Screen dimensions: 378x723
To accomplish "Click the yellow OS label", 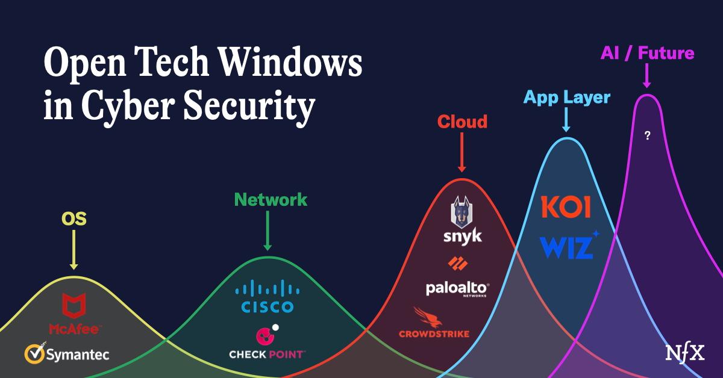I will tap(74, 218).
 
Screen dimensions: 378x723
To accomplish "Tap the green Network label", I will tap(271, 200).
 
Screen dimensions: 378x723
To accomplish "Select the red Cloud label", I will tap(462, 122).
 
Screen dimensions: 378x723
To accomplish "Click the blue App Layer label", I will tap(566, 97).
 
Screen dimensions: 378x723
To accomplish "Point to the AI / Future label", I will tap(647, 53).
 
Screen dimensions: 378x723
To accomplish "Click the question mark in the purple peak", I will tap(647, 136).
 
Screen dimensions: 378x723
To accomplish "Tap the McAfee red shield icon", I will tap(74, 306).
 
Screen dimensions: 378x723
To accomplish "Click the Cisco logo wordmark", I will tap(267, 307).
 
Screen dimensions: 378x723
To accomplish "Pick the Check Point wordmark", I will tap(267, 355).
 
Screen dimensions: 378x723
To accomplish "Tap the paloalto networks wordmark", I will tap(457, 289).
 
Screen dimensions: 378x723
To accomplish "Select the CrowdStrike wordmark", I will tap(434, 333).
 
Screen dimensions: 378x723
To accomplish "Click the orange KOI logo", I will tap(566, 208).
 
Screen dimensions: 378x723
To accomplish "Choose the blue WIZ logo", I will tap(566, 246).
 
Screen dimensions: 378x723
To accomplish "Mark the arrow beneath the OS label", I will tap(74, 250).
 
